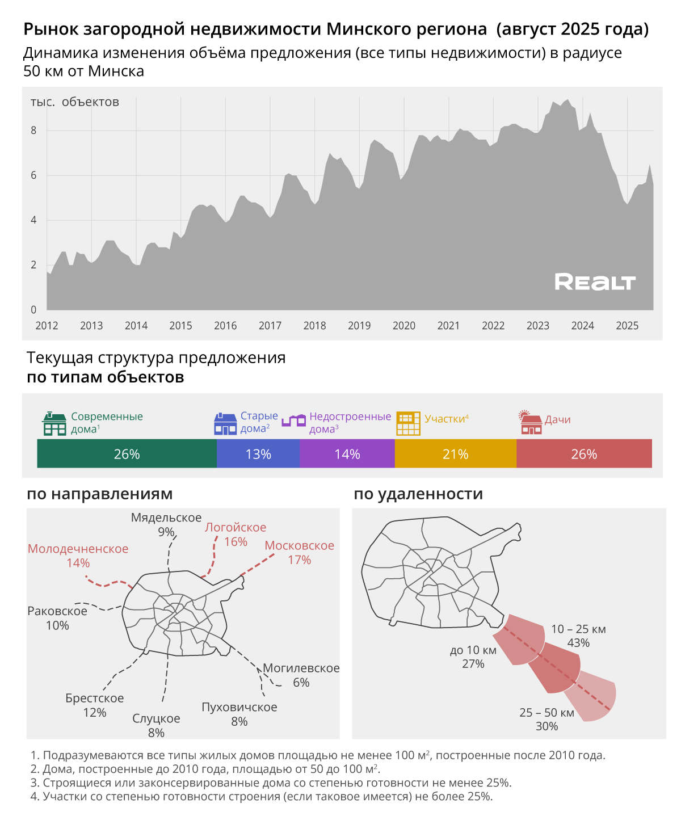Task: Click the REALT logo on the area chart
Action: [595, 281]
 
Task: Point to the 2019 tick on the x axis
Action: [359, 326]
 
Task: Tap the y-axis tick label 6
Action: [33, 175]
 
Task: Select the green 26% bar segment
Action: [127, 454]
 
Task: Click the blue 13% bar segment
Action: [258, 454]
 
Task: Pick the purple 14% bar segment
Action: [347, 454]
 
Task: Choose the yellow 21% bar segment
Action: [455, 454]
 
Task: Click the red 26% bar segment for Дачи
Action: [584, 454]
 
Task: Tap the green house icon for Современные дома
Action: [54, 423]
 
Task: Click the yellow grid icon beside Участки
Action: [408, 423]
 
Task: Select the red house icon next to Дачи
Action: [531, 423]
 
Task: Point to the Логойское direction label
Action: [236, 527]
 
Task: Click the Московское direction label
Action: [299, 545]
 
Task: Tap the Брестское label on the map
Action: [94, 698]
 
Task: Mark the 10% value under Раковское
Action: [57, 625]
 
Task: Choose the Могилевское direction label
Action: [301, 668]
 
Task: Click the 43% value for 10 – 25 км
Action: [578, 643]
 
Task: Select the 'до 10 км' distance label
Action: [473, 650]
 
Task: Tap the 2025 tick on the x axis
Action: [627, 326]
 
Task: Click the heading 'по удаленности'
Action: [418, 494]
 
